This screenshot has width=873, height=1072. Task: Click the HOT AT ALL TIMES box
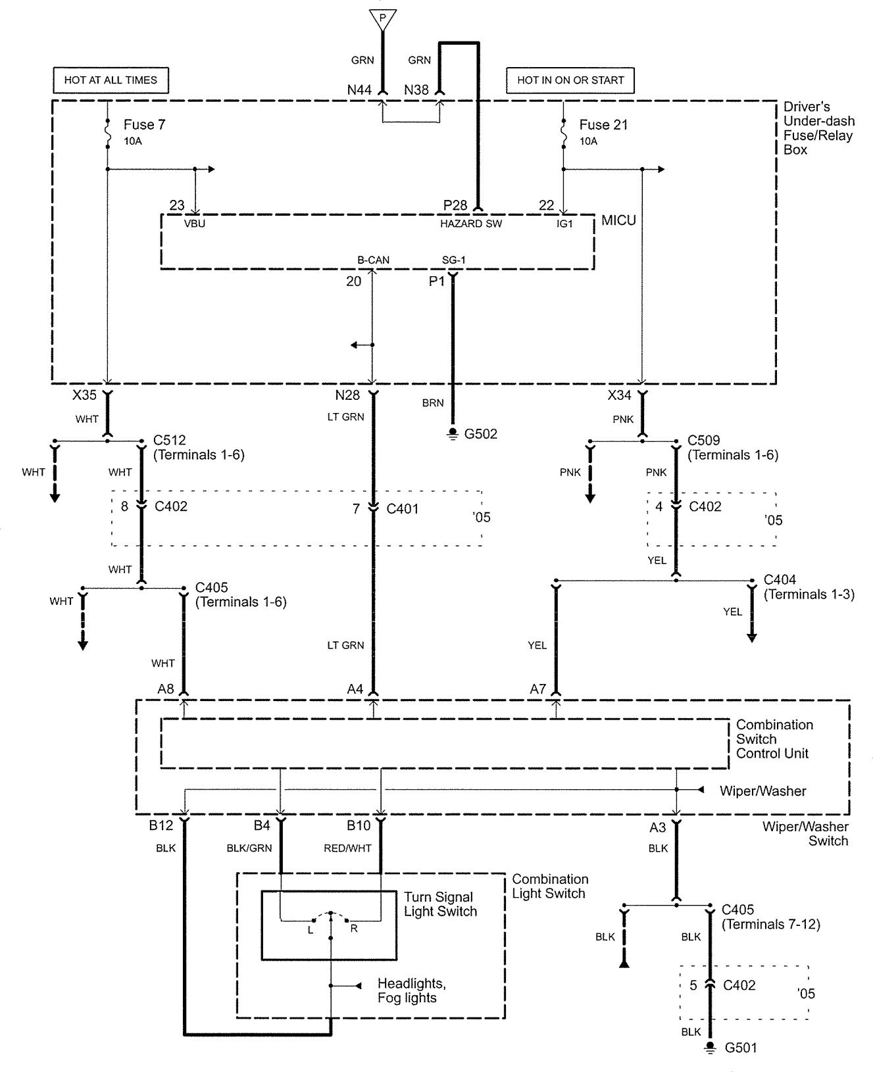pyautogui.click(x=111, y=80)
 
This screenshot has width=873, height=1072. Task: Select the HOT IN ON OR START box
pyautogui.click(x=570, y=80)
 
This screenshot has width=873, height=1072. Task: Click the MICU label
pyautogui.click(x=618, y=220)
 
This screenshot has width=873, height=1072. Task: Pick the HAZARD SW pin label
pyautogui.click(x=471, y=224)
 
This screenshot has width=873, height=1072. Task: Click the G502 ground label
pyautogui.click(x=480, y=434)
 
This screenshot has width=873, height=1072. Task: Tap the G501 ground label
pyautogui.click(x=741, y=1048)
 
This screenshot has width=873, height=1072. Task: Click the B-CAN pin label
pyautogui.click(x=373, y=260)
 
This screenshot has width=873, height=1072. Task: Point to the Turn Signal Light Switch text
pyautogui.click(x=439, y=904)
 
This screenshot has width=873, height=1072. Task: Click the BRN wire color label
pyautogui.click(x=433, y=403)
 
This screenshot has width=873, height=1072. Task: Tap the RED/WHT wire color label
pyautogui.click(x=347, y=848)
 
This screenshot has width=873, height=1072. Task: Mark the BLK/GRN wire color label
pyautogui.click(x=249, y=848)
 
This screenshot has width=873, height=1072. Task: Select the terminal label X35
pyautogui.click(x=85, y=395)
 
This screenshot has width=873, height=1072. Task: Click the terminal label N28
pyautogui.click(x=347, y=395)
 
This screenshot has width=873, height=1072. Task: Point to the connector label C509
pyautogui.click(x=704, y=441)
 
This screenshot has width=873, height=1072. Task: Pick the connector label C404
pyautogui.click(x=780, y=580)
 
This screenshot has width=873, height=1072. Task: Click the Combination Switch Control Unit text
pyautogui.click(x=774, y=739)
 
